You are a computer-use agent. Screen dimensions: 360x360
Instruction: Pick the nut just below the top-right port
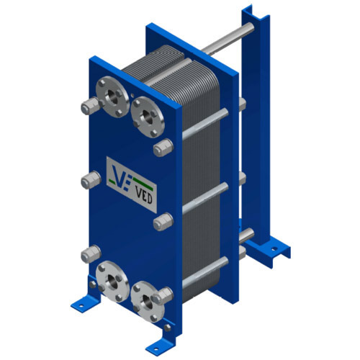160,149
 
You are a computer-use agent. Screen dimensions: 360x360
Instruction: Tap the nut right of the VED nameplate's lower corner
160,223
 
